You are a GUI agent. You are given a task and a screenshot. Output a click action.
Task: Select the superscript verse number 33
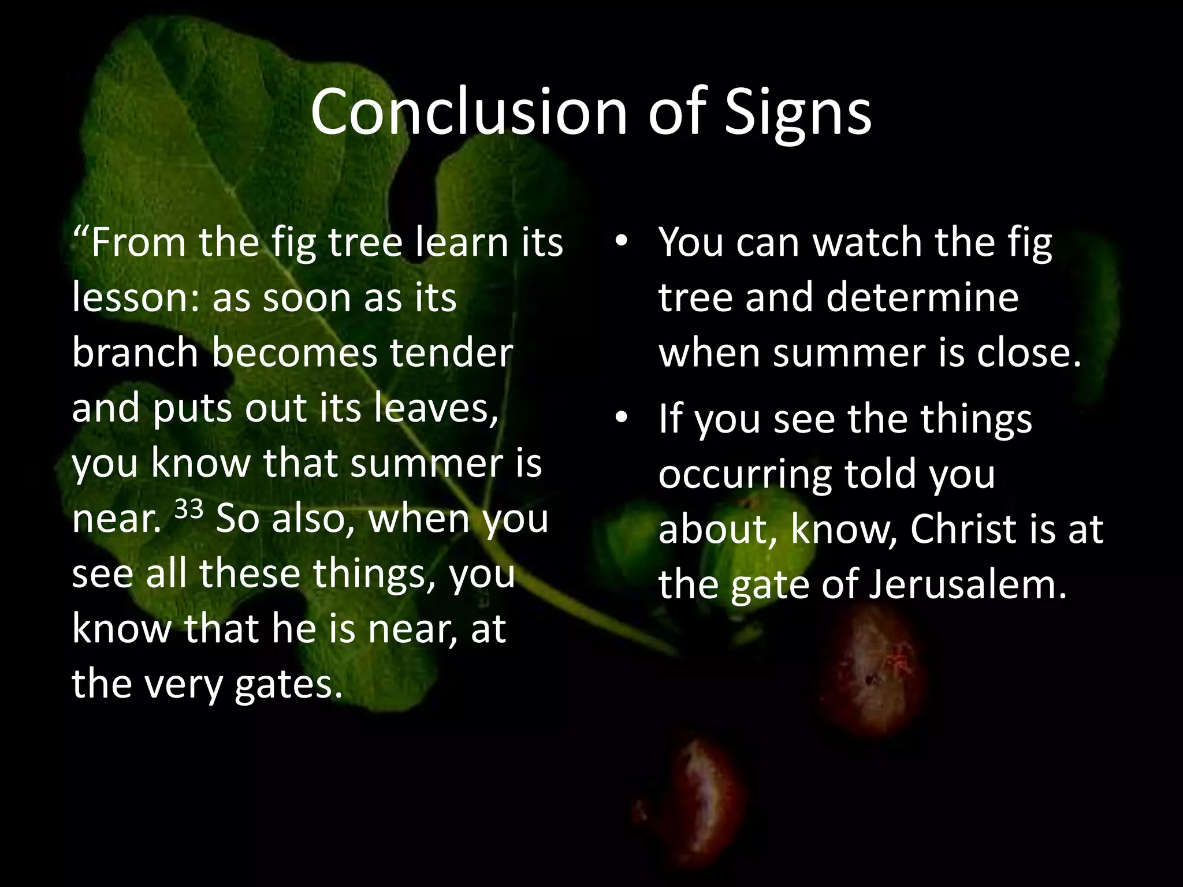[189, 509]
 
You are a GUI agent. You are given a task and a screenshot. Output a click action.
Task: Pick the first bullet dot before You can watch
[621, 243]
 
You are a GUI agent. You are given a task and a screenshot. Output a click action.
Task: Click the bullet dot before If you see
[621, 418]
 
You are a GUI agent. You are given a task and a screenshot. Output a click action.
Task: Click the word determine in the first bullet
[922, 297]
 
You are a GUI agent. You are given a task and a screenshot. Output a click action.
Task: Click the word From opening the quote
[139, 243]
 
